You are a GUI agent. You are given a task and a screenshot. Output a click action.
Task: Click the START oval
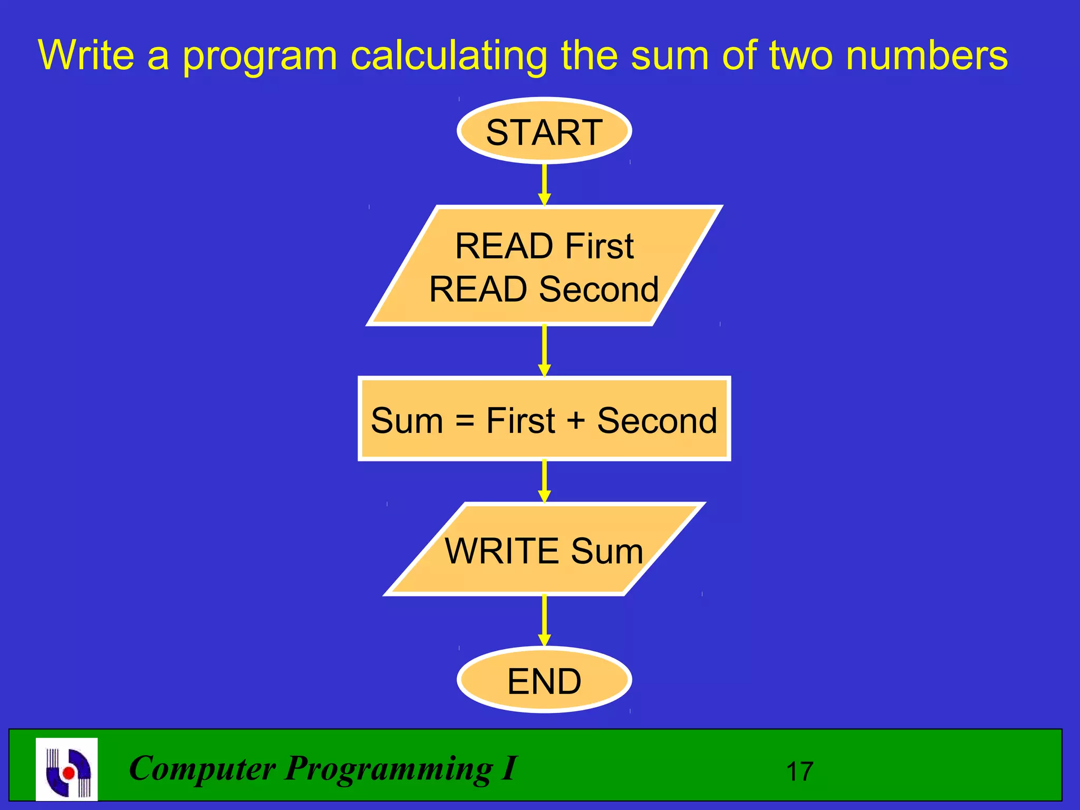point(544,131)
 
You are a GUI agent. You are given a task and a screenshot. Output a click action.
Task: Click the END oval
point(544,680)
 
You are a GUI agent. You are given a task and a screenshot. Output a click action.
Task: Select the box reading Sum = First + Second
point(544,419)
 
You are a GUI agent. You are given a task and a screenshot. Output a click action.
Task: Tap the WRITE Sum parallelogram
point(544,550)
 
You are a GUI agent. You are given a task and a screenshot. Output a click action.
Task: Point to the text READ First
point(544,246)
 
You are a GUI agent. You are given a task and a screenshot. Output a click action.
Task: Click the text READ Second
point(544,289)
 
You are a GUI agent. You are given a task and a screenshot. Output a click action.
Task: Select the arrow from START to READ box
point(544,185)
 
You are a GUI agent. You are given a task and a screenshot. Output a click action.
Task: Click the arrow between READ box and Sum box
point(544,350)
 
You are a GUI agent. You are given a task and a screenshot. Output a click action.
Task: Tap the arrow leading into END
point(544,620)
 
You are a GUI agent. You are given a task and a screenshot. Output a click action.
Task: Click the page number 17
point(799,772)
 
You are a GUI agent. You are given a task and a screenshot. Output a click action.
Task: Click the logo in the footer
point(67,769)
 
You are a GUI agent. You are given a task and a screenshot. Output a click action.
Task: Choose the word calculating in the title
point(449,56)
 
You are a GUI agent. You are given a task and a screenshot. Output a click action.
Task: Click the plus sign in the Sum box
point(576,420)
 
